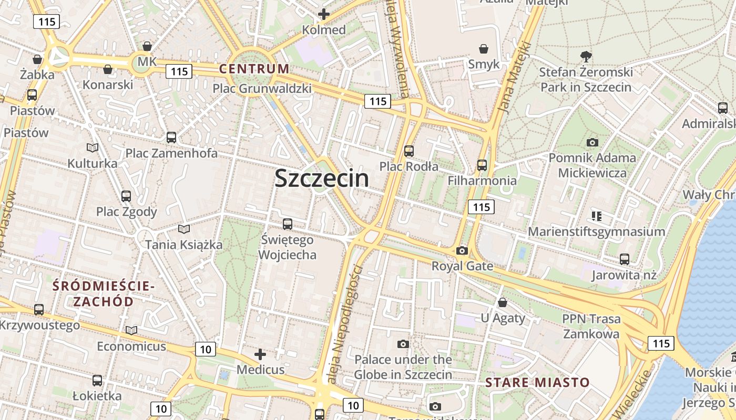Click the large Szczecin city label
point(322,178)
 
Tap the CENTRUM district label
point(254,69)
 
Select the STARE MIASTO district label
point(537,382)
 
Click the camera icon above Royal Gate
point(462,251)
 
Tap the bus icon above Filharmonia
point(482,165)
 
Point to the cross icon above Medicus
point(260,354)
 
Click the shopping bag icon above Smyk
point(484,49)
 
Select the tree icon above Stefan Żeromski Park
point(586,56)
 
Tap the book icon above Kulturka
point(93,148)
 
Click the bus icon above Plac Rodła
point(409,151)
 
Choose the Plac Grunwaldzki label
point(262,89)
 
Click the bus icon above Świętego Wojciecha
point(288,224)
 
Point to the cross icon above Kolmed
point(324,14)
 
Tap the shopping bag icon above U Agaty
point(503,302)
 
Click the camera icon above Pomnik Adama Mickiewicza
point(592,142)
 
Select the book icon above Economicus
point(131,331)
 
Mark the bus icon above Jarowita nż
point(625,259)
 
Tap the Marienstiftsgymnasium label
point(597,232)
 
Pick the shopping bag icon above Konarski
point(108,69)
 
